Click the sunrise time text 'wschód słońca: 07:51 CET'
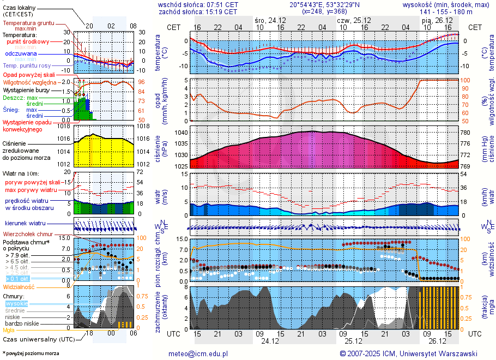coord(198,4)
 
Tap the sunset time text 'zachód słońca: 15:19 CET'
coord(198,11)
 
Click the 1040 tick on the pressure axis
coord(182,133)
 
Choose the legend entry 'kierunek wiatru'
coord(25,224)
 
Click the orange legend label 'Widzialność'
coord(19,286)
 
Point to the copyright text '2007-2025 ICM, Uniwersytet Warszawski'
coord(409,353)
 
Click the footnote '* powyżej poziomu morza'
coord(31,353)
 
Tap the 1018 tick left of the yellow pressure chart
coord(65,127)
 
